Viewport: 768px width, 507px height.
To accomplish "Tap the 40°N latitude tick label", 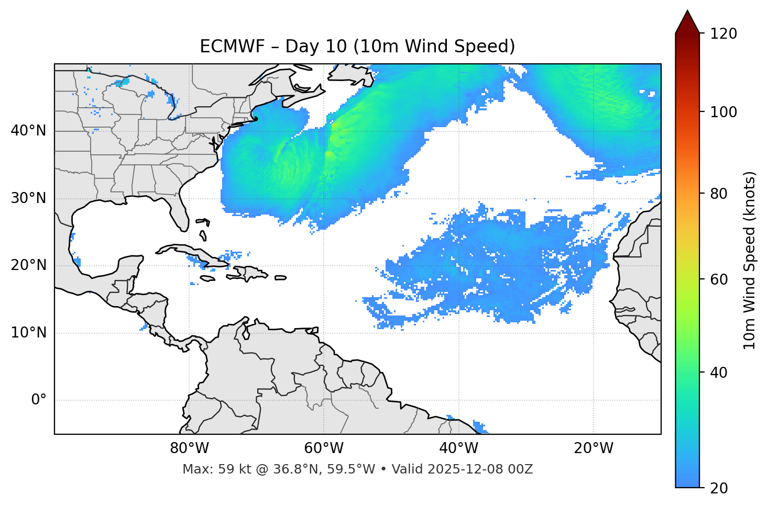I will [28, 131].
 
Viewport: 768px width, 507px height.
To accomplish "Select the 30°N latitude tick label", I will [28, 198].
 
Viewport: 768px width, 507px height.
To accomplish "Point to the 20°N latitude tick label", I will [28, 265].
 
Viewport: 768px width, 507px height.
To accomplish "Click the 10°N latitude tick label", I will [28, 333].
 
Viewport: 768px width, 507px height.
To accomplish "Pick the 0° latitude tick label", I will [39, 400].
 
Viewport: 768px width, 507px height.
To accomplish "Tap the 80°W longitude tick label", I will [189, 448].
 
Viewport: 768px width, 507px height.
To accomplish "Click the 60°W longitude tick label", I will [324, 448].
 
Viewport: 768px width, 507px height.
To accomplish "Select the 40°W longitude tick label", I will [458, 448].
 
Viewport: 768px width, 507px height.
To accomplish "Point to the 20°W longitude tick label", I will [593, 448].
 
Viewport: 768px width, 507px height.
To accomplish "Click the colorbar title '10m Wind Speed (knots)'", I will [750, 261].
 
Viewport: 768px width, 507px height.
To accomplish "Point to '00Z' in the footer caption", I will [521, 469].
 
